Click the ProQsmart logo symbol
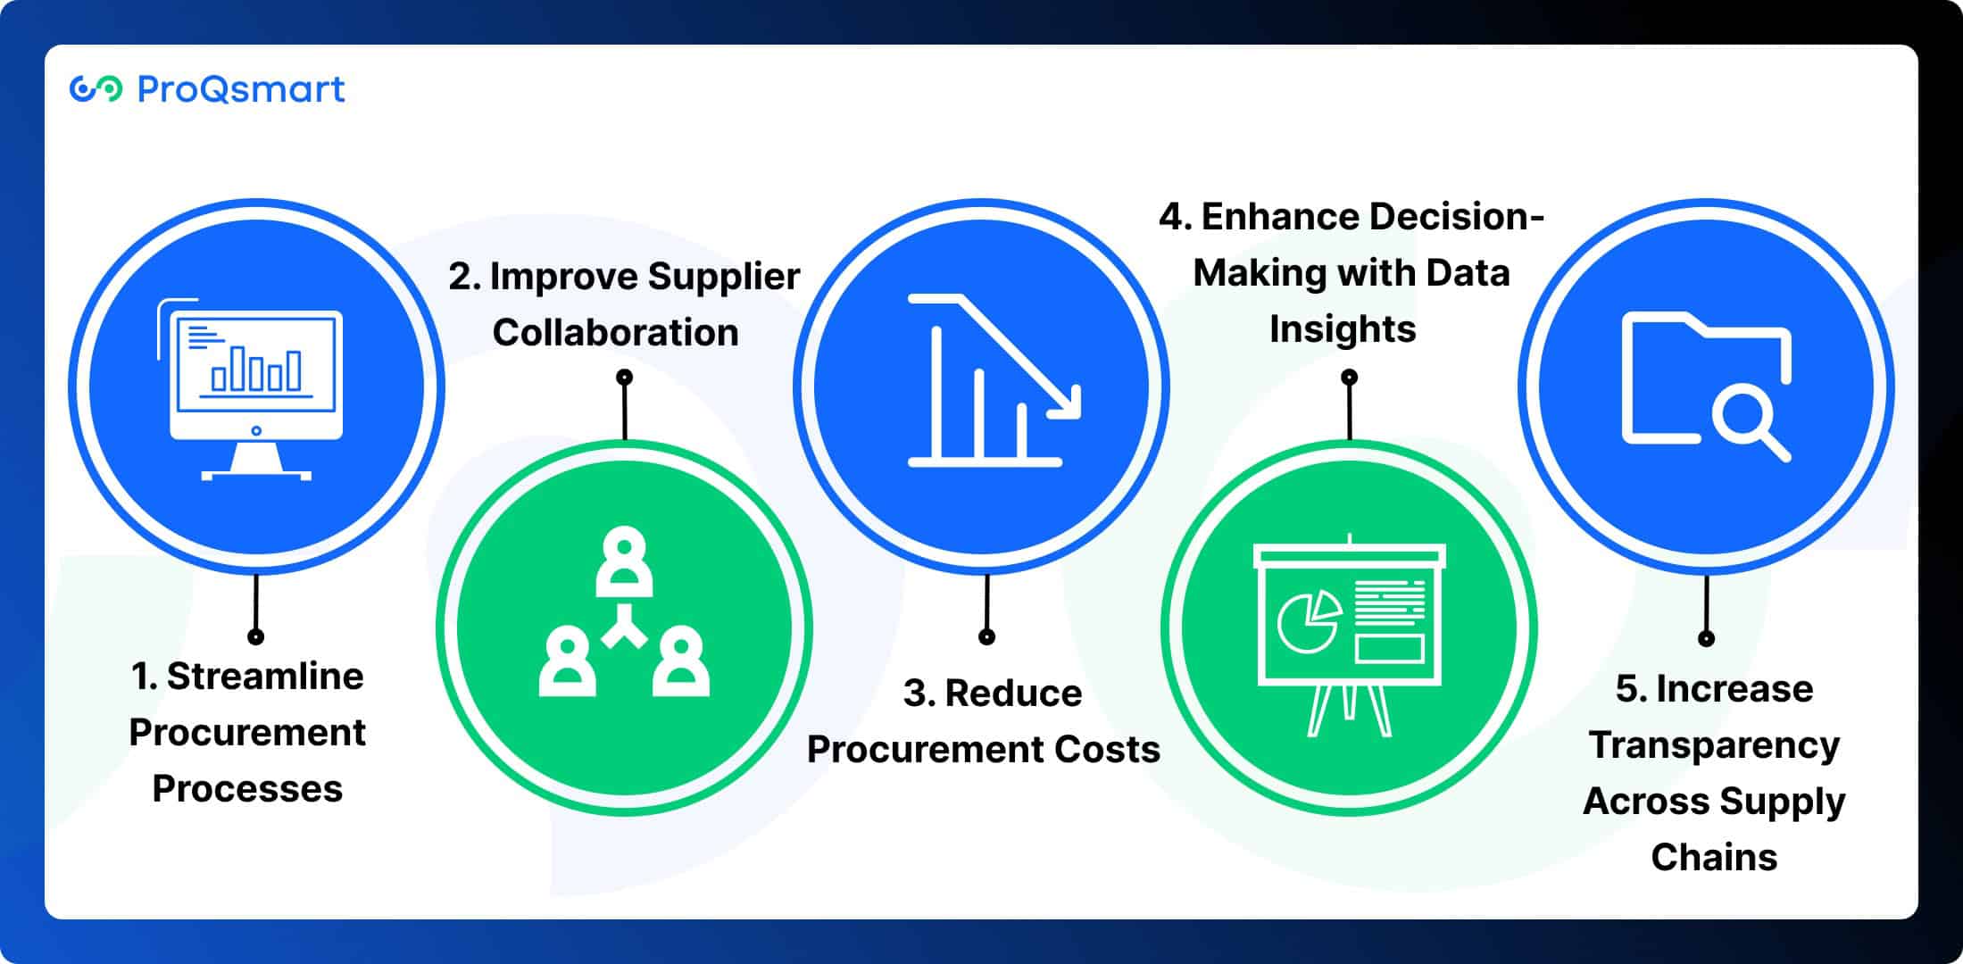point(96,89)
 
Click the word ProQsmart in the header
point(240,89)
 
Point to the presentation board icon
point(1349,635)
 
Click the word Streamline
point(265,677)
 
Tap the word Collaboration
point(615,333)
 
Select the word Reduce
point(1013,694)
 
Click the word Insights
point(1343,329)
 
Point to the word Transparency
point(1714,745)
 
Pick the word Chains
point(1714,858)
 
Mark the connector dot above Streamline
point(256,636)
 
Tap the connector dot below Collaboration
point(625,378)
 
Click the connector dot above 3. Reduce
point(986,636)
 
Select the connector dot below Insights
point(1350,378)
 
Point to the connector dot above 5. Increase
point(1706,638)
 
